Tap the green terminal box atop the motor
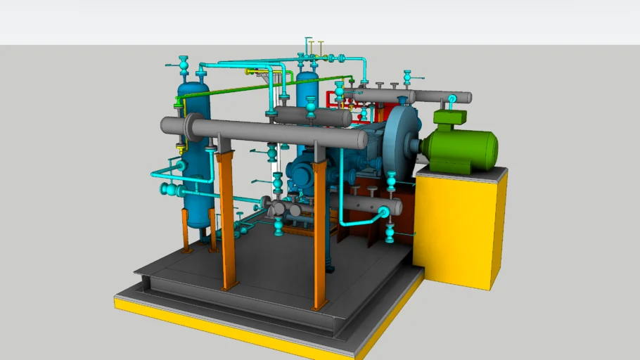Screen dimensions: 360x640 coord(450,117)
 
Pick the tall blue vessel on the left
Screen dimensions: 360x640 coord(193,155)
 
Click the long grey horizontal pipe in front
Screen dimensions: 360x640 coord(281,133)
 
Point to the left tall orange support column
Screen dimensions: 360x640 coord(226,218)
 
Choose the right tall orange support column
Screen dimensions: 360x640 coord(319,232)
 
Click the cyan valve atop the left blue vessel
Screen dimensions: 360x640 coord(184,65)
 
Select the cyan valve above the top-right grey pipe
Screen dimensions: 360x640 coord(407,77)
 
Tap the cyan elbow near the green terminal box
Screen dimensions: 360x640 coord(453,99)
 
